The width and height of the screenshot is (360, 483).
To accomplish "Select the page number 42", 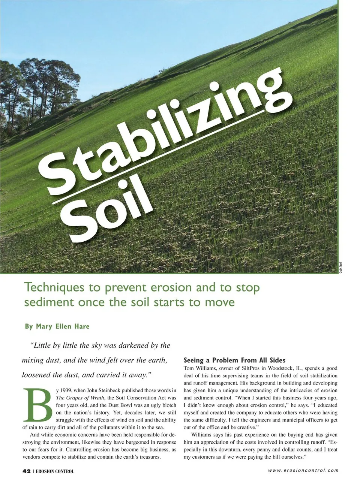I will [26, 471].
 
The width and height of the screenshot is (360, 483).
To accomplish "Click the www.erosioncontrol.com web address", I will [303, 470].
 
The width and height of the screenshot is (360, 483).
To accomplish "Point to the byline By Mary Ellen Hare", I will [57, 326].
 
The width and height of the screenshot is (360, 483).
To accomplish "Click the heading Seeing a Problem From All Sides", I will [234, 360].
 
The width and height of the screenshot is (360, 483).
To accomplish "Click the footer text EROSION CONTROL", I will [55, 471].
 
